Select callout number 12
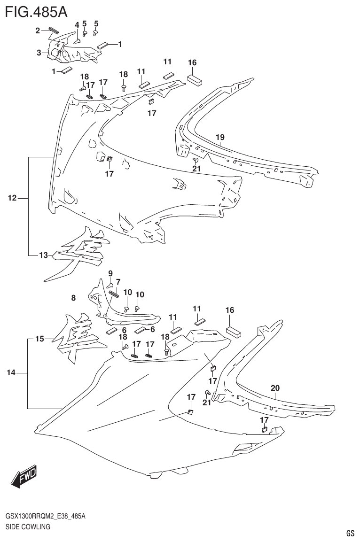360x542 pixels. (x=12, y=199)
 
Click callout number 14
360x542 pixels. (x=11, y=373)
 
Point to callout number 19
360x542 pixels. (x=220, y=137)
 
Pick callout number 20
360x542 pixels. (x=275, y=388)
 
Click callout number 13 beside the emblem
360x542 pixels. (x=43, y=256)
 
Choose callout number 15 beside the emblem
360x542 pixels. (x=39, y=339)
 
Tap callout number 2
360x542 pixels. (x=38, y=31)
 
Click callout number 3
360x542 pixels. (x=39, y=53)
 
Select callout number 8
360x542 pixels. (x=73, y=297)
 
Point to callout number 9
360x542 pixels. (x=110, y=273)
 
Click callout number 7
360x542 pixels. (x=118, y=282)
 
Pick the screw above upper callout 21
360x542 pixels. (x=196, y=161)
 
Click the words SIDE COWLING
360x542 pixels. (x=28, y=527)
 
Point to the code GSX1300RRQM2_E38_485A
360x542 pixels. (x=45, y=516)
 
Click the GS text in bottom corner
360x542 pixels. (x=350, y=533)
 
